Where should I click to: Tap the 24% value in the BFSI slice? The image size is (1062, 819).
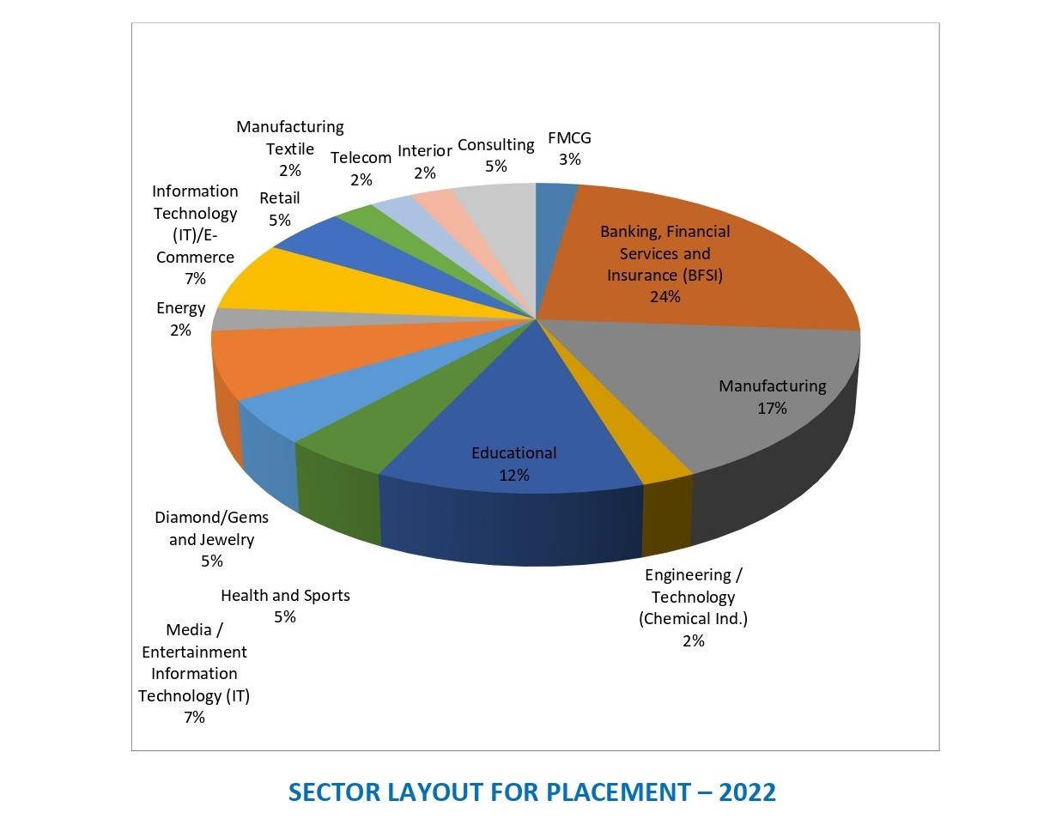[x=665, y=297]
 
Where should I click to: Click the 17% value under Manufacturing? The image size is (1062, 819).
[x=772, y=409]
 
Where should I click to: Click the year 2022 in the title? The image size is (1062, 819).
[x=747, y=792]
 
